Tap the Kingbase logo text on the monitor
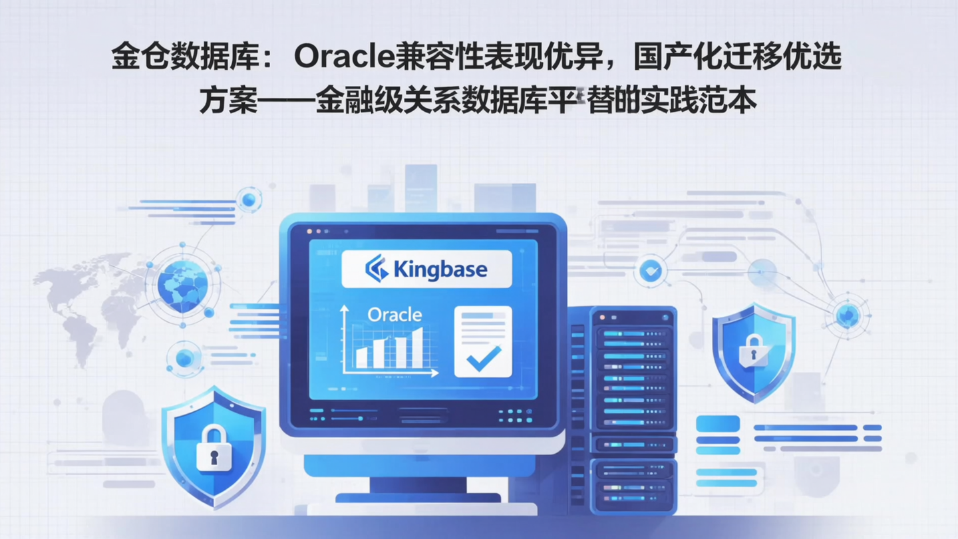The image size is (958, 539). coord(440,269)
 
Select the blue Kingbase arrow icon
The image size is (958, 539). coord(377,268)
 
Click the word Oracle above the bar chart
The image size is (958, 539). coord(395,314)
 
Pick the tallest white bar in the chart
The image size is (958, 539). coord(417,347)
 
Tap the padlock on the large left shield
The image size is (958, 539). coord(214,449)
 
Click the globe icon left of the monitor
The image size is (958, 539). coord(182,285)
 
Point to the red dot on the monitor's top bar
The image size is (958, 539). coord(309,231)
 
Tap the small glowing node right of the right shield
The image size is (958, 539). coord(847,315)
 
